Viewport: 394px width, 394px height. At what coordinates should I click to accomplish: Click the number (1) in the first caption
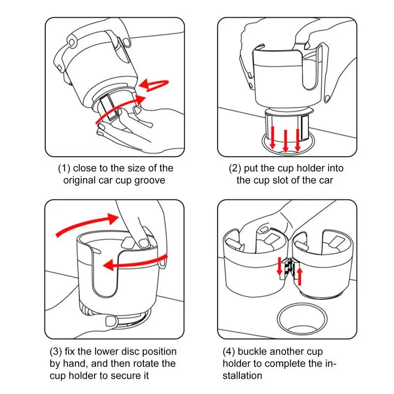click(x=64, y=168)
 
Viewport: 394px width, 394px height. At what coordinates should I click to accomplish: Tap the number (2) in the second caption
click(x=235, y=168)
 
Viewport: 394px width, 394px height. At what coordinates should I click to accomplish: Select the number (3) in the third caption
click(x=56, y=351)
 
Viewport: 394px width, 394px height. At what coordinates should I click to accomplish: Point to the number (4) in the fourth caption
click(x=229, y=351)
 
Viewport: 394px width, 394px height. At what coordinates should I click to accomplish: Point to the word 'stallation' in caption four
click(x=242, y=376)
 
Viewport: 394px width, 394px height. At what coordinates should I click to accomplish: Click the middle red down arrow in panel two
click(x=286, y=141)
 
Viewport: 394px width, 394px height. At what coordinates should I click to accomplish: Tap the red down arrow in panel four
click(x=279, y=266)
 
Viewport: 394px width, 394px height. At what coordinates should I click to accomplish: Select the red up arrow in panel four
click(x=299, y=276)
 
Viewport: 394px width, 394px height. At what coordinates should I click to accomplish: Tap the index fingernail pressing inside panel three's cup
click(x=144, y=243)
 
